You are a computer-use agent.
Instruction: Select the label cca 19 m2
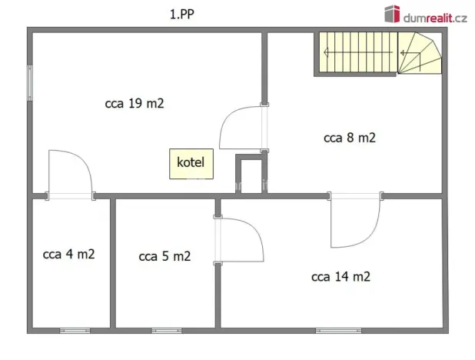[134, 104]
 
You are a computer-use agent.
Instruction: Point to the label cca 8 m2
[349, 138]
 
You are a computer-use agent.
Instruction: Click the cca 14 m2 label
[340, 276]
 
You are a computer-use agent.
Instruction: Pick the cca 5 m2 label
[164, 256]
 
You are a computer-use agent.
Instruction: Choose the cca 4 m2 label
[68, 254]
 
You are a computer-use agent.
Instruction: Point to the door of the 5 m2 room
[240, 238]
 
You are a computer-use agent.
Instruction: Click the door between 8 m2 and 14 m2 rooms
[355, 222]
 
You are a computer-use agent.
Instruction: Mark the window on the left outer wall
[30, 82]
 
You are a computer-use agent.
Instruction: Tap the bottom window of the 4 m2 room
[75, 331]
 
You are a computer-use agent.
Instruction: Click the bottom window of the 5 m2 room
[167, 331]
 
